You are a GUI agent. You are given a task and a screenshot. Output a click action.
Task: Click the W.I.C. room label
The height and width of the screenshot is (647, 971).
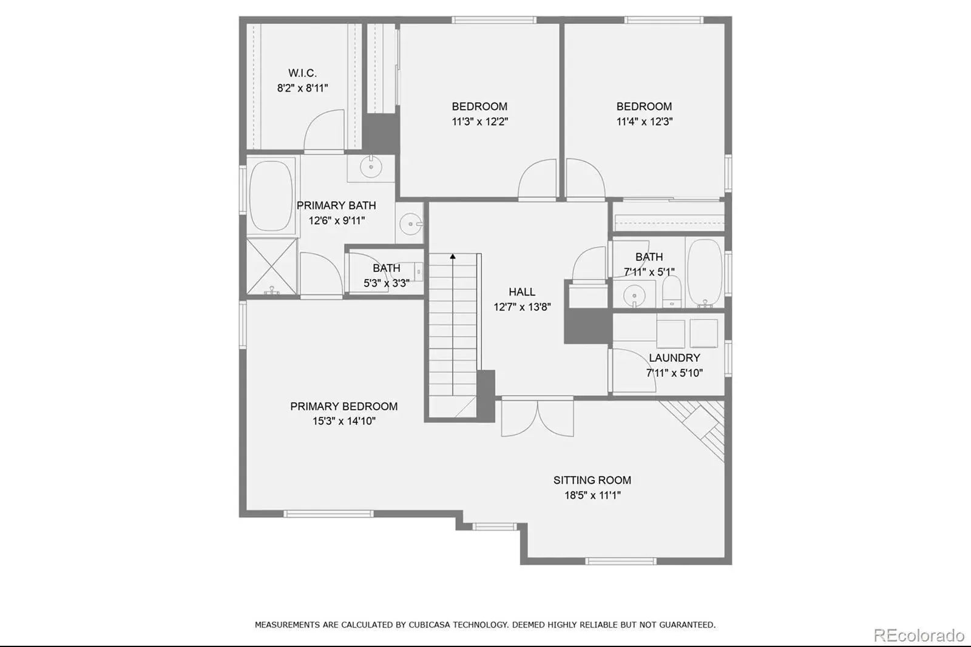click(x=303, y=73)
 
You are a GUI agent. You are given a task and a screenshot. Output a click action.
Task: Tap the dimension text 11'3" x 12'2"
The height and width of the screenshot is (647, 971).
click(x=480, y=121)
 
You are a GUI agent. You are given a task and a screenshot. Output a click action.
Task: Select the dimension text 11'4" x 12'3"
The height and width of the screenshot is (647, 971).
click(x=645, y=121)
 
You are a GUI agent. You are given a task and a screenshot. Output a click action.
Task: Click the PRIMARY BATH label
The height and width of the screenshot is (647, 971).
click(x=336, y=205)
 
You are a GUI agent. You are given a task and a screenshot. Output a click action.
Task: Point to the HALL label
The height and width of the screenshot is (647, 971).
click(x=522, y=292)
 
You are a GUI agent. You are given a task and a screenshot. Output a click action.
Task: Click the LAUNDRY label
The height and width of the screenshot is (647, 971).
click(x=674, y=357)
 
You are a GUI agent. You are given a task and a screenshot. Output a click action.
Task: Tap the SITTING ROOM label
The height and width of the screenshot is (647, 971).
click(x=592, y=480)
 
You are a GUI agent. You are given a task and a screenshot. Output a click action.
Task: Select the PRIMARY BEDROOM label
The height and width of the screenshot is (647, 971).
click(x=343, y=406)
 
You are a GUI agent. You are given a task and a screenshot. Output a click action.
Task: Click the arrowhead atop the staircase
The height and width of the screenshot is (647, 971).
click(x=453, y=256)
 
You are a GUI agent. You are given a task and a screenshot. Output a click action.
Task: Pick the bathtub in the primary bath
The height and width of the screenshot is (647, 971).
click(x=271, y=197)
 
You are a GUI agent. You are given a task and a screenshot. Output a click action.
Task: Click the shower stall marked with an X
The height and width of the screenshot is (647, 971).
click(x=272, y=266)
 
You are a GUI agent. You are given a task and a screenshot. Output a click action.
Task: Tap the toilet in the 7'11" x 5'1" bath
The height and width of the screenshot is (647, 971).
click(x=672, y=291)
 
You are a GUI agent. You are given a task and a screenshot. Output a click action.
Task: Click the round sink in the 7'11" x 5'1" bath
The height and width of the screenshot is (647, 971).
click(x=634, y=296)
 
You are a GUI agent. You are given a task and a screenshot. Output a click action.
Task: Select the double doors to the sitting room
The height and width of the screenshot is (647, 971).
click(x=538, y=417)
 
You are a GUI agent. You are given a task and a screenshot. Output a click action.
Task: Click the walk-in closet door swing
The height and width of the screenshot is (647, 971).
click(x=324, y=130)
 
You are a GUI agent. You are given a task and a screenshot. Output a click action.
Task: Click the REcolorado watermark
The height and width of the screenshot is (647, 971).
click(x=919, y=635)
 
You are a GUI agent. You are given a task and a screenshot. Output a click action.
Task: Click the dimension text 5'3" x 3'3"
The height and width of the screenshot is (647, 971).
click(x=386, y=283)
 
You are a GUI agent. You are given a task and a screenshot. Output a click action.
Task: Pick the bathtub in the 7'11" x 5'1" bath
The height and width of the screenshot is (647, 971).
click(x=705, y=273)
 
